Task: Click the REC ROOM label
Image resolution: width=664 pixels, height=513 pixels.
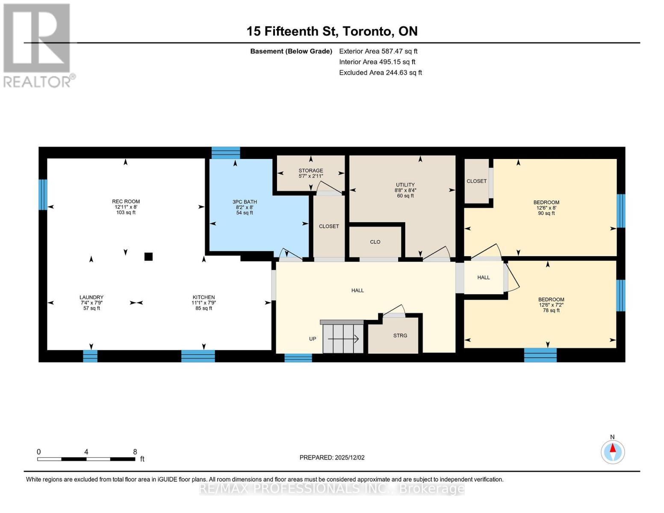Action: coord(126,202)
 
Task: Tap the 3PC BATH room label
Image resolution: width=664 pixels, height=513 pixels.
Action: coord(245,202)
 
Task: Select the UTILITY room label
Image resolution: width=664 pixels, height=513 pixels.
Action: coord(405,185)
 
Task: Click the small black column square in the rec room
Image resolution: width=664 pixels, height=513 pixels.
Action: coord(148,256)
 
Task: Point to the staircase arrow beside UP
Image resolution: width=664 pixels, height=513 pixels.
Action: coord(343,339)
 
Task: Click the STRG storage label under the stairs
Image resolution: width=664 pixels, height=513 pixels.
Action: coord(400,336)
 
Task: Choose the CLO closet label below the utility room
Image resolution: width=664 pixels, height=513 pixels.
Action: coord(375,242)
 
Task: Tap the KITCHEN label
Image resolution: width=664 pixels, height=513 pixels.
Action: coord(204,298)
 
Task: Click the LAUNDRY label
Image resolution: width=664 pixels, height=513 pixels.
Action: coord(91,298)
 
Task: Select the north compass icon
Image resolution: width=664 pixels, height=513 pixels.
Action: coord(612,451)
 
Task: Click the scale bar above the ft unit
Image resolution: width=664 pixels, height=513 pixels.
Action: coord(86,459)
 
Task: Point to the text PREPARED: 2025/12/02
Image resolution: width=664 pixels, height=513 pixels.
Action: coord(332,457)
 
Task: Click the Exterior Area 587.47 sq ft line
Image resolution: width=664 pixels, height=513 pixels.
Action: coord(378,51)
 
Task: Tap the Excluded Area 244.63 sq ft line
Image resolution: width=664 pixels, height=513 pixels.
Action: coord(380,73)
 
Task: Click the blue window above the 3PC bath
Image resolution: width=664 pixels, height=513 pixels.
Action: coord(226,153)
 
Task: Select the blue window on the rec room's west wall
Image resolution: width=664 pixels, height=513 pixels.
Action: coord(43,195)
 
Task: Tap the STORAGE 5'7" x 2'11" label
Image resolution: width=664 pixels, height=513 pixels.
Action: coord(311,173)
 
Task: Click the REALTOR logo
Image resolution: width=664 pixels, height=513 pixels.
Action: coord(38,45)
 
